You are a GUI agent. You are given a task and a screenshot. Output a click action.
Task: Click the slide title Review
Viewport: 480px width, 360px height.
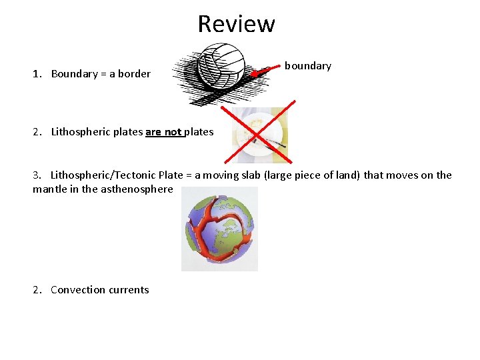236,24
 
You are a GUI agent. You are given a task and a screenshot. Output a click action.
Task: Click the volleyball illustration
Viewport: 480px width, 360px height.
221,67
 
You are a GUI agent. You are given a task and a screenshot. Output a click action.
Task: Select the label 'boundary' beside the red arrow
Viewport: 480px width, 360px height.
307,66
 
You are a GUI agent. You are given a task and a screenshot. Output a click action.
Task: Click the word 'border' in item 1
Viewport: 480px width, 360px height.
134,74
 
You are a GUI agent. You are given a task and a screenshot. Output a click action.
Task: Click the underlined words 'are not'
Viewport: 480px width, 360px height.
163,132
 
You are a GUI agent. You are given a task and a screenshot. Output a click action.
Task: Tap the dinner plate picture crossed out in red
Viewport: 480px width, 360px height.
259,136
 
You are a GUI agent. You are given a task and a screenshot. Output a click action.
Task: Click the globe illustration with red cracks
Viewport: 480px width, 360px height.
219,229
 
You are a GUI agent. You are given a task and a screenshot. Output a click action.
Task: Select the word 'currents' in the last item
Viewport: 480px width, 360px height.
129,290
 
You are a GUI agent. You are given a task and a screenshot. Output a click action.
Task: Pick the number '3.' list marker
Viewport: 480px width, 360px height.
37,175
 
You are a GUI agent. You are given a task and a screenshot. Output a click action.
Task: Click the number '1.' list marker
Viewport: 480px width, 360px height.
37,74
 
